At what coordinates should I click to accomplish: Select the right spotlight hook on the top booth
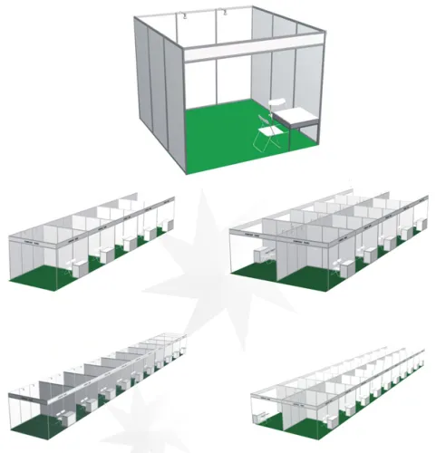223,13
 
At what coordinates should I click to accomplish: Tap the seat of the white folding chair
268,136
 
